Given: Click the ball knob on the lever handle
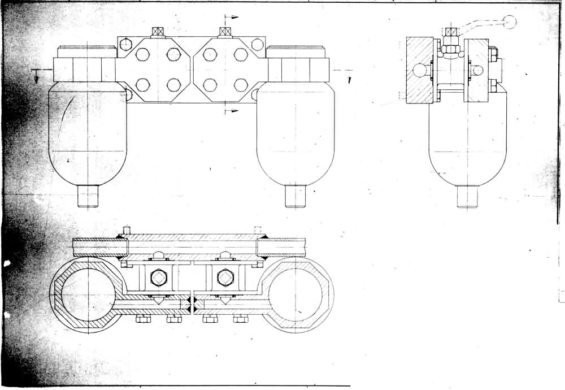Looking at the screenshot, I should [x=510, y=21].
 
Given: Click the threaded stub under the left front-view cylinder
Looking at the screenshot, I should [x=88, y=197].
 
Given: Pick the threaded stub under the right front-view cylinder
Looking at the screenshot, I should [x=295, y=197].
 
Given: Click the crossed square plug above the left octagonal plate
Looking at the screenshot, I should [x=158, y=31].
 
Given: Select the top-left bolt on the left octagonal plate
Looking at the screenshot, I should [x=142, y=54].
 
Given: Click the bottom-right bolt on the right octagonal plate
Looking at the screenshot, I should [x=241, y=85].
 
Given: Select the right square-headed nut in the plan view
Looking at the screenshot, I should [x=225, y=278].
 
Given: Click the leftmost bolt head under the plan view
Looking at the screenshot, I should [x=142, y=320].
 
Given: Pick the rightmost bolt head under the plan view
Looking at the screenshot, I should [x=241, y=320].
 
